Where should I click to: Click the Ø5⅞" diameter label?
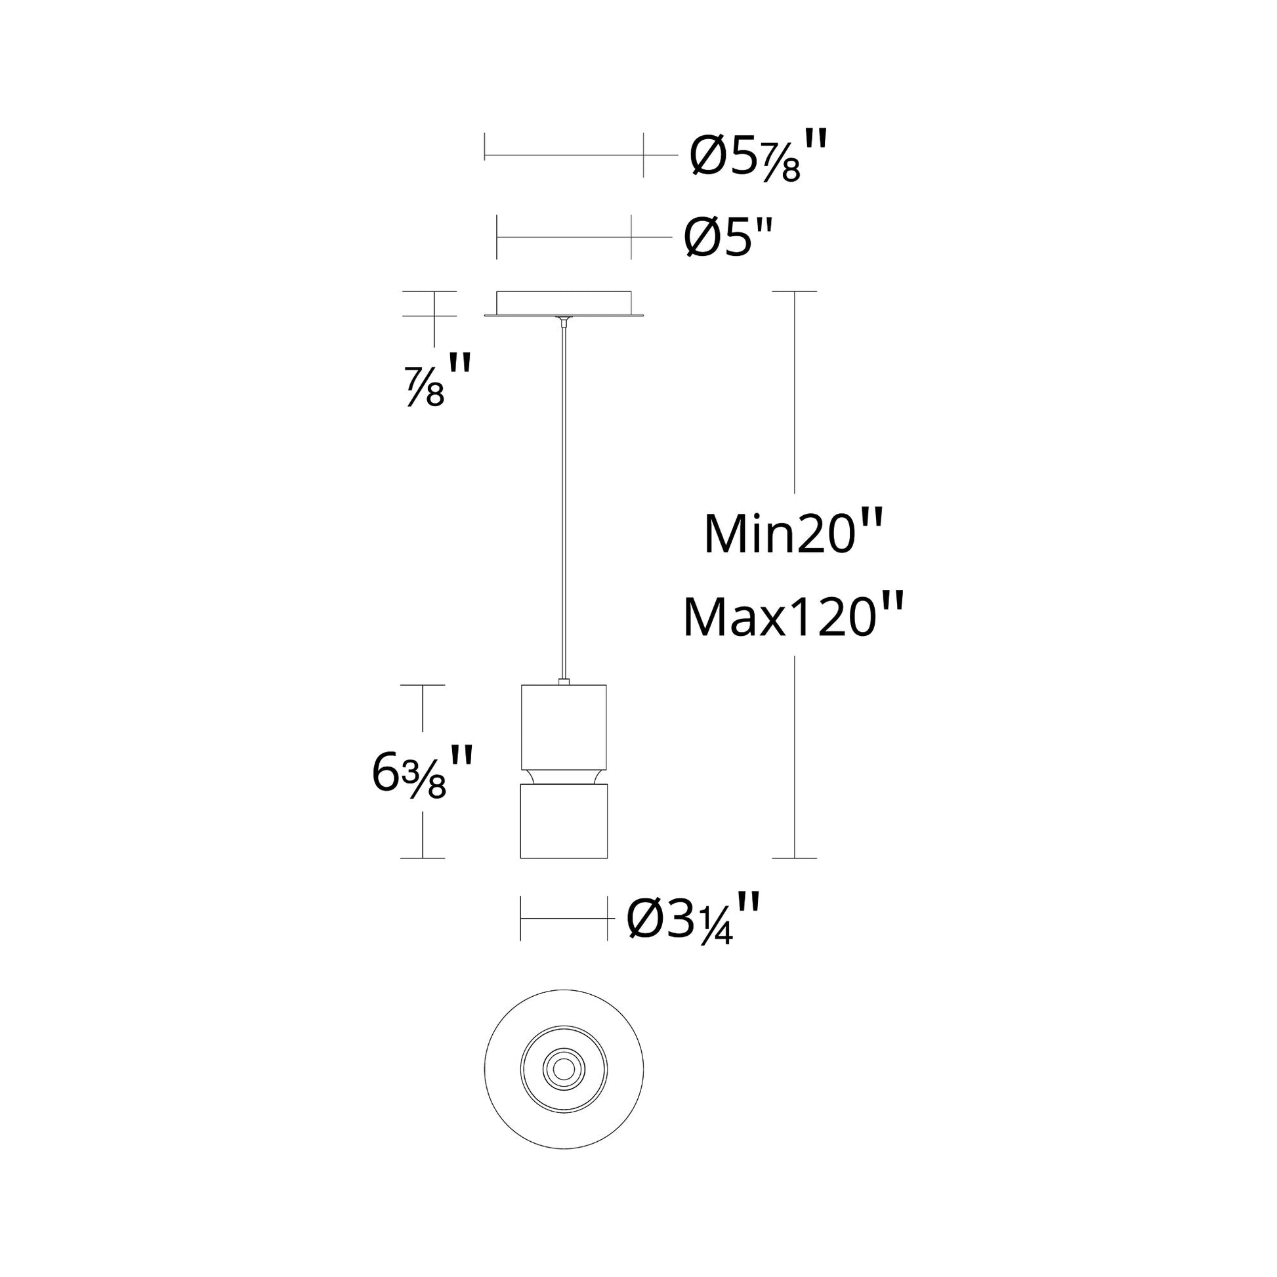757,157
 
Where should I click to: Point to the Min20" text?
793,534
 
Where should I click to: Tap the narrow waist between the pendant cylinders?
563,778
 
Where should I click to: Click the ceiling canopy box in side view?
563,302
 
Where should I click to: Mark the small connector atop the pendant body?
563,681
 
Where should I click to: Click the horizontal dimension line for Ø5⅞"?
563,157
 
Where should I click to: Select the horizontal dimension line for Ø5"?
563,237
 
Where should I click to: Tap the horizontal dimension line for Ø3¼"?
563,918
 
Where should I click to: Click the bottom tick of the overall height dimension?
794,858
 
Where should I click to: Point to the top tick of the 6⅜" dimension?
423,685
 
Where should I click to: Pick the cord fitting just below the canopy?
563,323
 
